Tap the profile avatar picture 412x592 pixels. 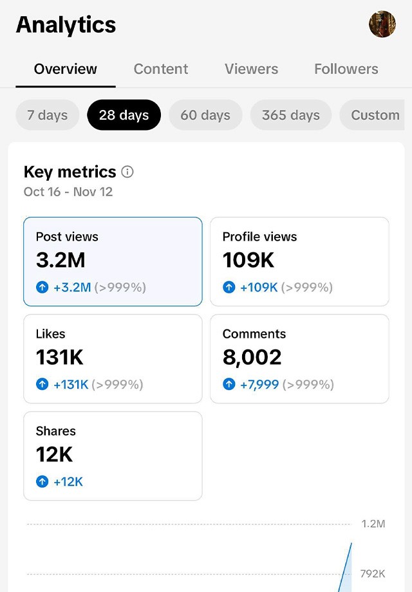tap(382, 24)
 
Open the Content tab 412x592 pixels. tap(161, 69)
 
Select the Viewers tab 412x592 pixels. tap(251, 69)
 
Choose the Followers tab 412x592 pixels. tap(346, 69)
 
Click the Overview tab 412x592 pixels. tap(65, 69)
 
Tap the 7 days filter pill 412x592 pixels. tap(48, 115)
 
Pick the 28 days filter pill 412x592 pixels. tap(124, 115)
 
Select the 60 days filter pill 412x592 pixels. tap(205, 115)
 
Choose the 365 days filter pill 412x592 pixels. tap(291, 115)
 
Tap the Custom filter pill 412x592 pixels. tap(372, 115)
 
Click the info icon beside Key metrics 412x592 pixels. tap(127, 172)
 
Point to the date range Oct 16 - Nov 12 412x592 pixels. tap(68, 192)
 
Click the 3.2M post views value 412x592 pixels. tap(61, 260)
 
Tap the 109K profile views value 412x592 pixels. tap(248, 260)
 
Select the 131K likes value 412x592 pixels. tap(60, 357)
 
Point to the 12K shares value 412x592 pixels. tap(54, 454)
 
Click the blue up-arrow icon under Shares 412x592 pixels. tap(42, 482)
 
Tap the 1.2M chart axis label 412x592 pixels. tap(373, 524)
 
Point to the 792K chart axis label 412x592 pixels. tap(373, 574)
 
